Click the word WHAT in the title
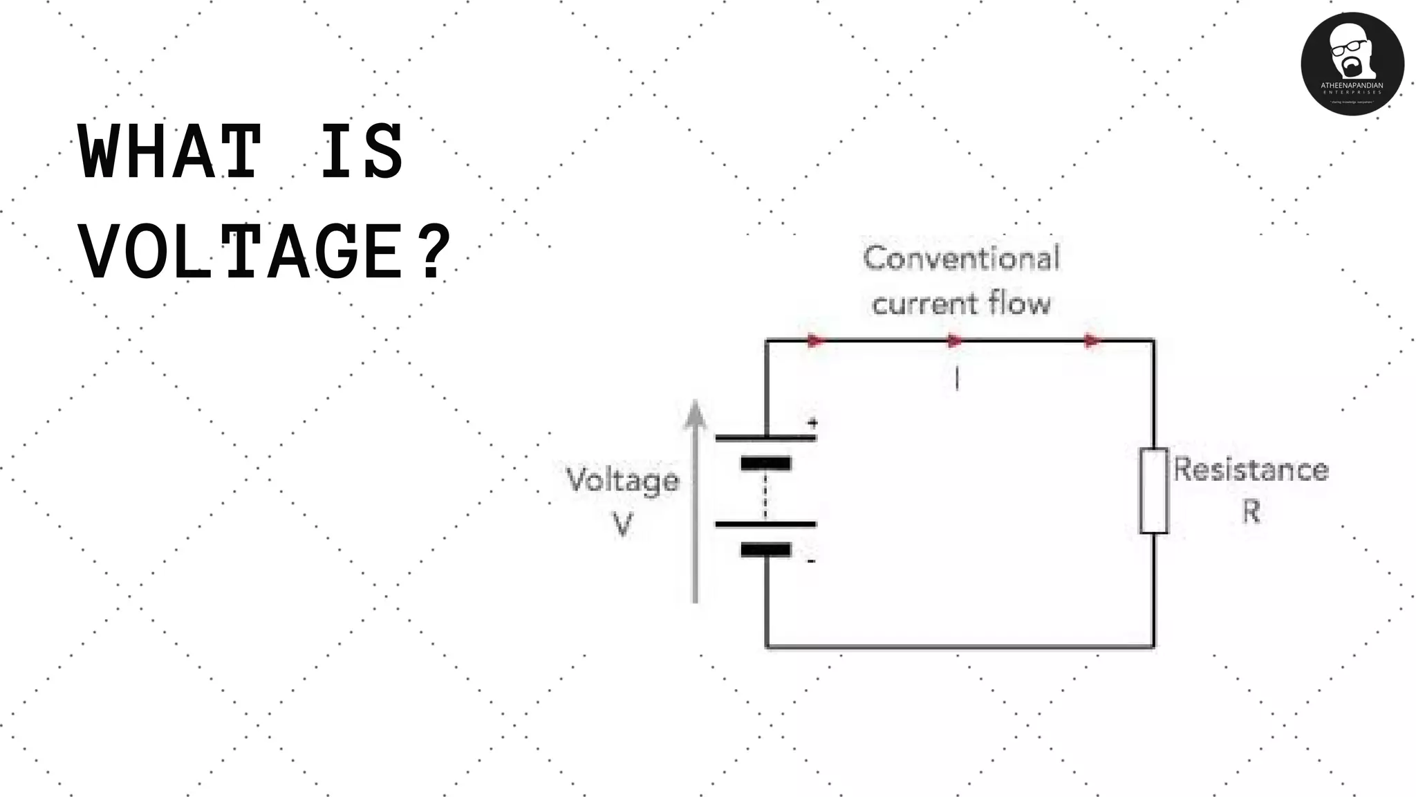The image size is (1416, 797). click(x=169, y=152)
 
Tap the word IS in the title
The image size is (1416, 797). click(x=361, y=152)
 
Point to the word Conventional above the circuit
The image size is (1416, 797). click(x=961, y=259)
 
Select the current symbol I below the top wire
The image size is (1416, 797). click(x=957, y=379)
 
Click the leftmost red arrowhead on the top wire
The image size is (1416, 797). click(x=817, y=340)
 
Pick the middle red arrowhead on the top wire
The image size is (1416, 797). click(x=955, y=340)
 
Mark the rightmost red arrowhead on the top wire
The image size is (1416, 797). click(x=1092, y=340)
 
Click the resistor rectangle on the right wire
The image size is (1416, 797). click(x=1153, y=491)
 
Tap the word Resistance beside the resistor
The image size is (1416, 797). click(x=1251, y=470)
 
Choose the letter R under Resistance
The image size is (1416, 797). click(x=1251, y=513)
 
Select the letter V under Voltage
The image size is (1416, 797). click(x=622, y=524)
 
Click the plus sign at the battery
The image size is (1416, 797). click(x=813, y=422)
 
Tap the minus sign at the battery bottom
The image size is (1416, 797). click(x=812, y=561)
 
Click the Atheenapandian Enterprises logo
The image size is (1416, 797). click(x=1352, y=64)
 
